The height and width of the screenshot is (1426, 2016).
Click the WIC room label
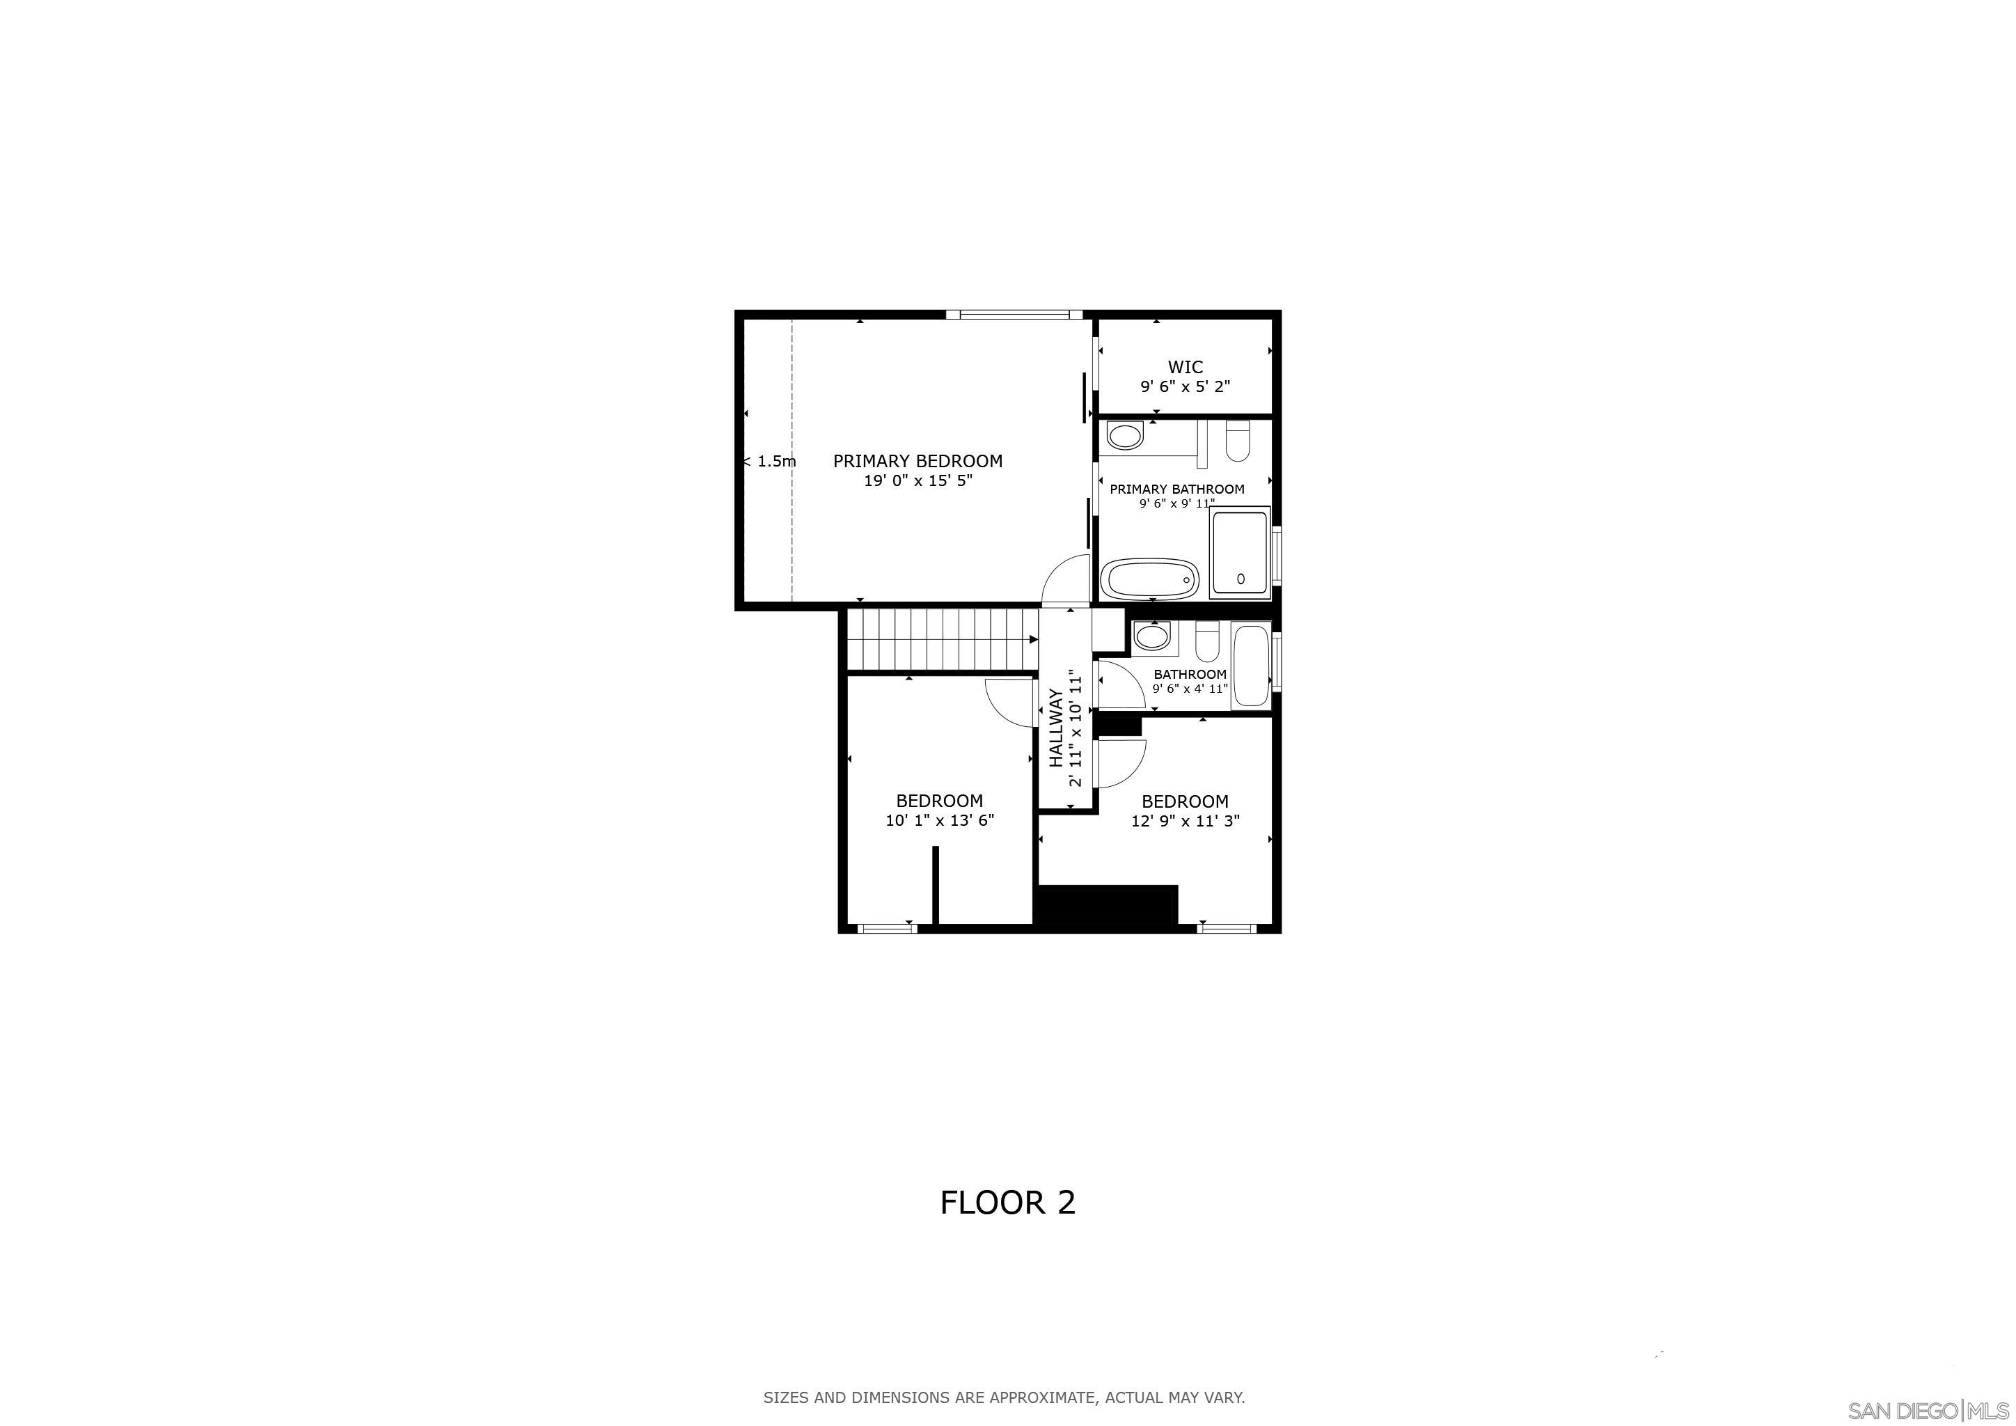click(x=1185, y=367)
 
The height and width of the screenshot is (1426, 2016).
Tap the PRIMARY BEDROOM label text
click(x=918, y=461)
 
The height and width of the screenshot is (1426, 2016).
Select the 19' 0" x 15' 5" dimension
click(x=918, y=481)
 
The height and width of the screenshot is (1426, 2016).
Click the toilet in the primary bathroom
click(x=1237, y=441)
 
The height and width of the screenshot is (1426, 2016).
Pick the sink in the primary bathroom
click(x=1125, y=434)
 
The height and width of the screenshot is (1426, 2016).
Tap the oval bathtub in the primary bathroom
click(x=1150, y=579)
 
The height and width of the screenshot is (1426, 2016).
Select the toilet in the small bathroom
click(x=1207, y=642)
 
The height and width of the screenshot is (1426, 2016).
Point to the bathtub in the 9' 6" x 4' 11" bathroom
click(x=1250, y=666)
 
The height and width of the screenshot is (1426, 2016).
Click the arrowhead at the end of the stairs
click(x=1034, y=639)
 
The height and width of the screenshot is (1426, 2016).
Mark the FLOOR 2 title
click(x=1007, y=1203)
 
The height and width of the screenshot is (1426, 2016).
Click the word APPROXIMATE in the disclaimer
click(x=1042, y=1397)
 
